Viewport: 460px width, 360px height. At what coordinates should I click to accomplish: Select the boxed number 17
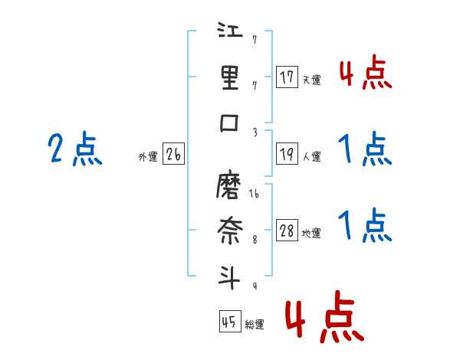coord(287,77)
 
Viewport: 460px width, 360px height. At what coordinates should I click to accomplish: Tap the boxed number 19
coord(287,154)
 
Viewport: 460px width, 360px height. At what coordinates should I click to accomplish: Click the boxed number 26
coord(173,154)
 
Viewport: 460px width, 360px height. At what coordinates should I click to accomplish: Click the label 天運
coord(311,80)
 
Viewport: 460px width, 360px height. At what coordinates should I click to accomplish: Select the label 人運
coord(311,156)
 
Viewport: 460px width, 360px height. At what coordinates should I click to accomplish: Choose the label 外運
coord(148,156)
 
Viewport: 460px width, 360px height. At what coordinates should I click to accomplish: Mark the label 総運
coord(254,325)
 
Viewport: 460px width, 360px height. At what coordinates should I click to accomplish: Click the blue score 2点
coord(75,149)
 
